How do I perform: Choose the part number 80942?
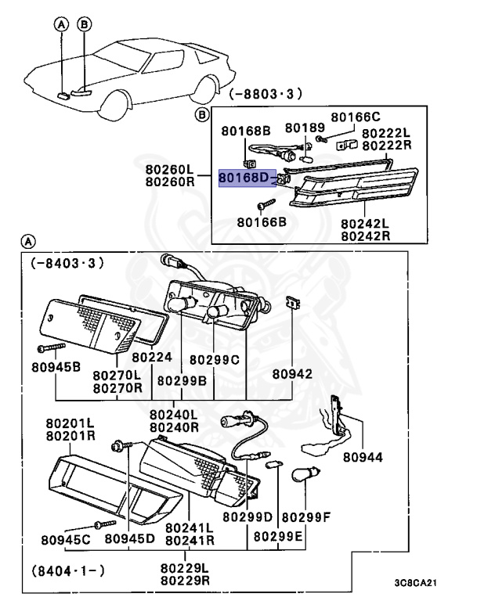click(293, 375)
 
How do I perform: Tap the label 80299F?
click(306, 517)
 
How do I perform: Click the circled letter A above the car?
click(62, 24)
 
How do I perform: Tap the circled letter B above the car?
click(83, 24)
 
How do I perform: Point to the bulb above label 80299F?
click(306, 477)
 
